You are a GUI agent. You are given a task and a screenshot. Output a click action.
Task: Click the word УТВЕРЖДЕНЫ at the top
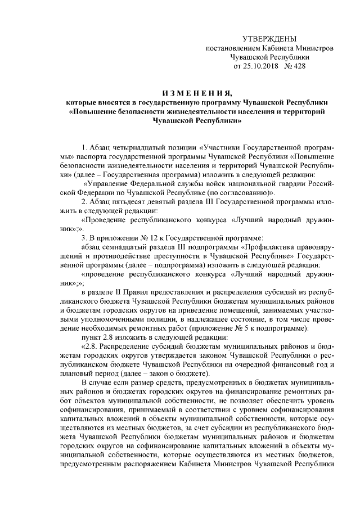click(x=268, y=38)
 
